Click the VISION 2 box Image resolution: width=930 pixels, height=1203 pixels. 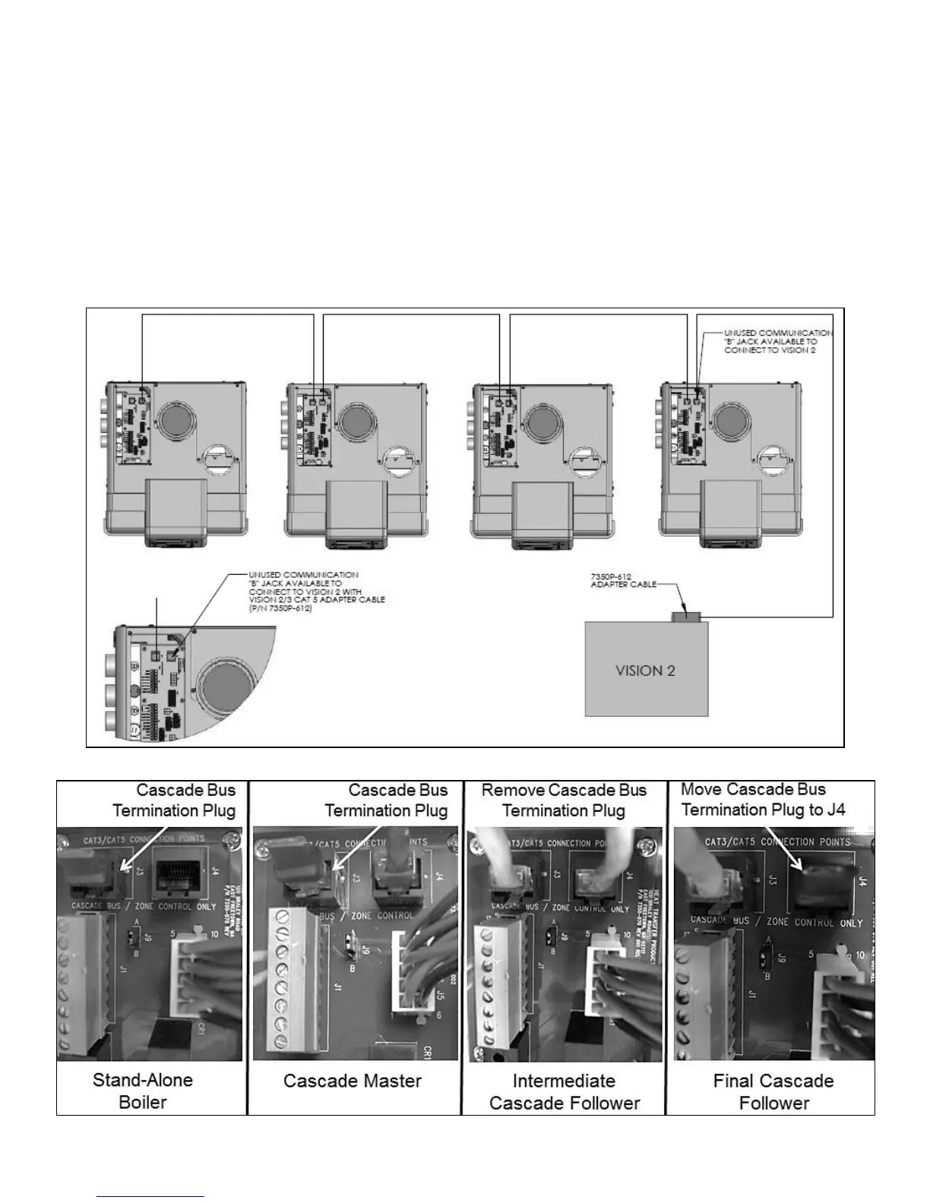point(646,669)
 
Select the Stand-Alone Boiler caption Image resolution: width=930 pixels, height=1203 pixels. point(143,1091)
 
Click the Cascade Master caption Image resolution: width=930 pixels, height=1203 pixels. point(353,1081)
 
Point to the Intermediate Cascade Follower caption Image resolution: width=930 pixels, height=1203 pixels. point(565,1091)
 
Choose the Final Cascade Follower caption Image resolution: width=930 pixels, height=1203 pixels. point(773,1091)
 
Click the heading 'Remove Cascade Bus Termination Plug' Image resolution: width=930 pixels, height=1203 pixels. point(564,800)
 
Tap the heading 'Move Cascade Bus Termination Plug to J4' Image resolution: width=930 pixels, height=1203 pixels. point(763,799)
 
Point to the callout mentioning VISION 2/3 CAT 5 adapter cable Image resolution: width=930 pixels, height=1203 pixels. point(316,592)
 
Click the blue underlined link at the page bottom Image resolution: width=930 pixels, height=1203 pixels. point(151,1196)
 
